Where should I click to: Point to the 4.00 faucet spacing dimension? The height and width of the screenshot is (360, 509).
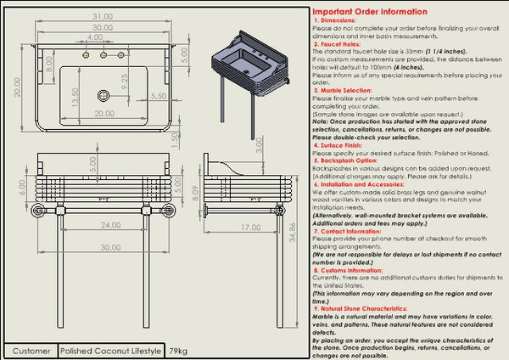pyautogui.click(x=95, y=38)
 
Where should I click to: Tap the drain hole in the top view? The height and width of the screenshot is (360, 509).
pyautogui.click(x=103, y=97)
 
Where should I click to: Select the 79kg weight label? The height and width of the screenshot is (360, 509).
pyautogui.click(x=178, y=351)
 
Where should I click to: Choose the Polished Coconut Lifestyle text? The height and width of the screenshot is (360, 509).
pyautogui.click(x=111, y=351)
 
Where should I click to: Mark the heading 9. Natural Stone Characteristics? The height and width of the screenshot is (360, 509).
pyautogui.click(x=371, y=308)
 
